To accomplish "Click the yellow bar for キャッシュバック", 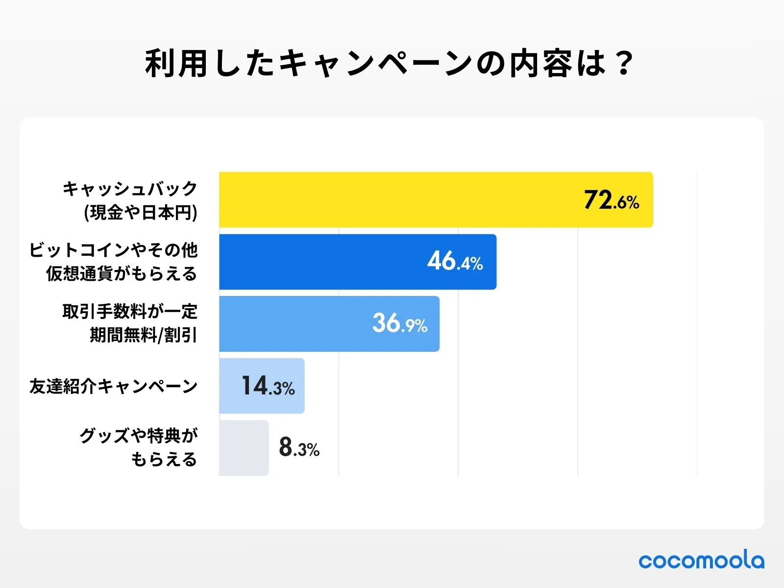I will click(392, 200).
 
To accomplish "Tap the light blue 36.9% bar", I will click(294, 324).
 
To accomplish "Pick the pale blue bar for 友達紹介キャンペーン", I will click(230, 386).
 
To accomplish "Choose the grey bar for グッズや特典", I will click(244, 448).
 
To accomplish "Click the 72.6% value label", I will click(612, 200).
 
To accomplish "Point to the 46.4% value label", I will click(455, 262).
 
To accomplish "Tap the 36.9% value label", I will click(400, 324).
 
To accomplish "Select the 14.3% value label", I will click(268, 386).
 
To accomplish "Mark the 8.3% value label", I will click(299, 448).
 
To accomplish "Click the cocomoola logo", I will click(701, 561).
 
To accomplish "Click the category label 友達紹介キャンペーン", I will click(113, 386).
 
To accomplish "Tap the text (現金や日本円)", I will click(141, 213).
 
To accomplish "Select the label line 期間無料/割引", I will click(143, 335).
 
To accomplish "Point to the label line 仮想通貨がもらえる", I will click(122, 273).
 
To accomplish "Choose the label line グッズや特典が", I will click(139, 435).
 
